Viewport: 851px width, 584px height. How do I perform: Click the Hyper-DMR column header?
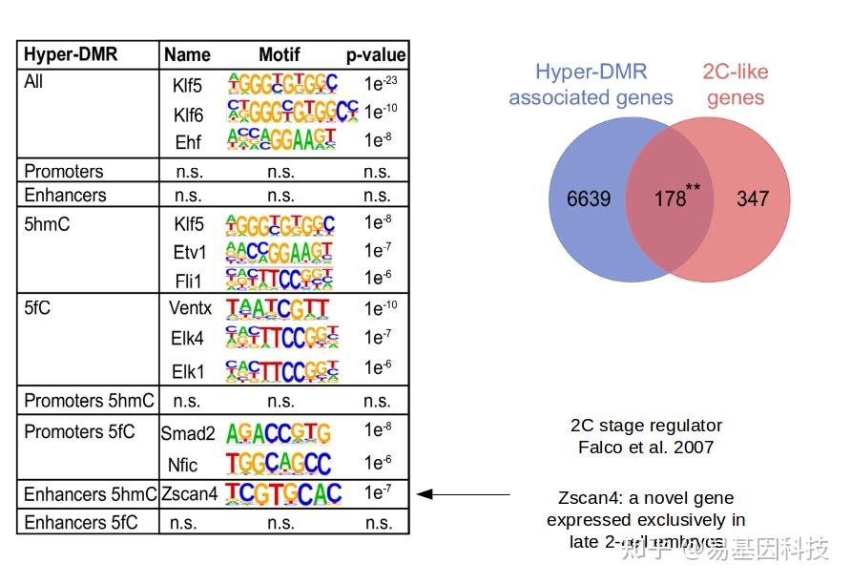[71, 54]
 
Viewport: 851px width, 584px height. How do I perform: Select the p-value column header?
[376, 54]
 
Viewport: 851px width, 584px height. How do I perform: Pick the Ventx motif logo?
[278, 307]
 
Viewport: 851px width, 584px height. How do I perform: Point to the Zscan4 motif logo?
[283, 493]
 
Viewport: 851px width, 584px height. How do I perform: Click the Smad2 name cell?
[188, 434]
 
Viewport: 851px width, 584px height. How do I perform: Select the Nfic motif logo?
[278, 464]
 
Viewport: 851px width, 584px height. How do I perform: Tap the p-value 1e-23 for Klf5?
[379, 84]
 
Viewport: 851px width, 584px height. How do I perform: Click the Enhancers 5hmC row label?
[90, 494]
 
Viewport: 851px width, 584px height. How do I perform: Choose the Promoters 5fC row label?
[79, 432]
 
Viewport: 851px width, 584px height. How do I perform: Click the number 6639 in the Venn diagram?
[588, 199]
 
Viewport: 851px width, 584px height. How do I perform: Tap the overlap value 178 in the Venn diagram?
[672, 199]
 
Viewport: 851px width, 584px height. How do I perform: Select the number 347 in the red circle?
[752, 199]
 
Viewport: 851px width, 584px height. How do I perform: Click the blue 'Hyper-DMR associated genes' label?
[591, 85]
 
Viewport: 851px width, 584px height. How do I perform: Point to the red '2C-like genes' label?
[735, 85]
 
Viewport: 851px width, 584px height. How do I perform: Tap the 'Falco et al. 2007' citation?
[646, 447]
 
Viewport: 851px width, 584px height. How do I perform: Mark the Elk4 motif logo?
[281, 337]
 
